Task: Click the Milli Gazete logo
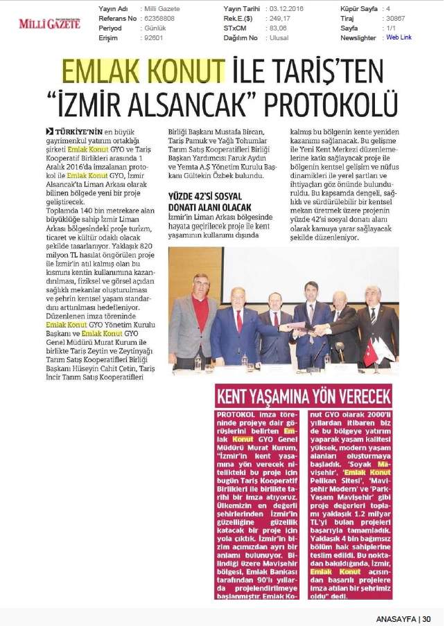pos(49,24)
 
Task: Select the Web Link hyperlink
pos(399,38)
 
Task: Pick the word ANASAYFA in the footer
pos(396,618)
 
